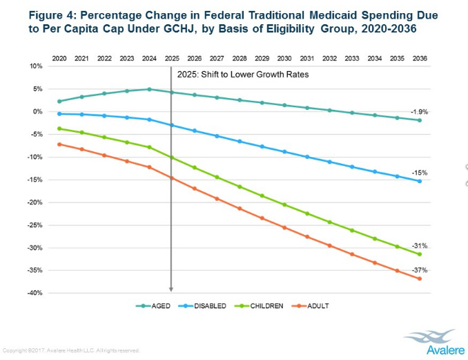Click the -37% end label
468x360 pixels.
click(420, 269)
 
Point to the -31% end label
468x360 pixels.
click(420, 245)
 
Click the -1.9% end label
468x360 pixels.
click(419, 111)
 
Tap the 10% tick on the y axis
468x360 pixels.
click(37, 66)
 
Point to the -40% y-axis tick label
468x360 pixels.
click(35, 293)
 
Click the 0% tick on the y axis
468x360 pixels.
click(38, 111)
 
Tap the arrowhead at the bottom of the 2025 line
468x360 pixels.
click(171, 290)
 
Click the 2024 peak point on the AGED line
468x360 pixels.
click(149, 89)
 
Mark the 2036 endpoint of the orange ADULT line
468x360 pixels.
click(419, 278)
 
